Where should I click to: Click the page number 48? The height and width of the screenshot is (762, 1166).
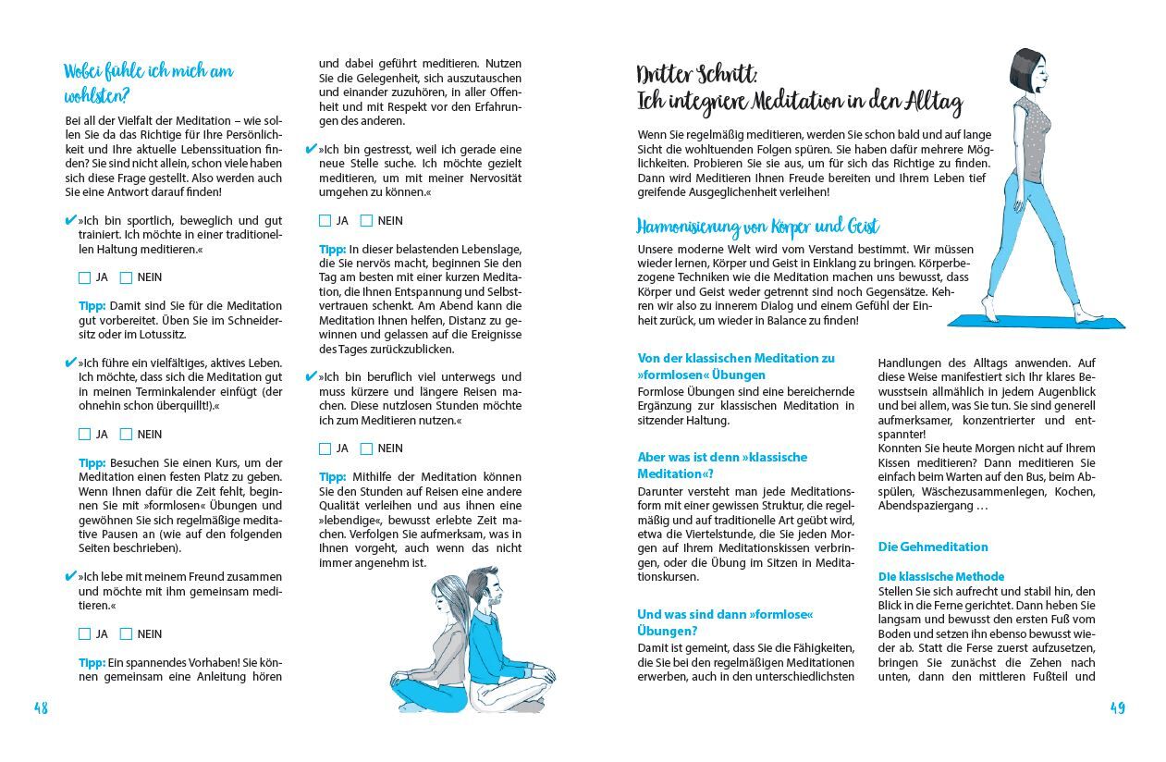[41, 708]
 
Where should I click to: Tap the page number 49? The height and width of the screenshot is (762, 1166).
[1117, 708]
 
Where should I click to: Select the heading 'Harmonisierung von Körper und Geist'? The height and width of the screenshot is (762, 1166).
[758, 227]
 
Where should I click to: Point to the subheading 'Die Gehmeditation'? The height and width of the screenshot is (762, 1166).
[933, 547]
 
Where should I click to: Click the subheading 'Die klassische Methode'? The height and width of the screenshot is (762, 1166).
[940, 576]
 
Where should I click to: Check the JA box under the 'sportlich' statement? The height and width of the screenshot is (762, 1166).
[85, 277]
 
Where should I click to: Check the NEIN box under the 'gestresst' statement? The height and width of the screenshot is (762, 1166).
[366, 221]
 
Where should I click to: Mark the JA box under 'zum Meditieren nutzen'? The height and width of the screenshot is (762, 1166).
[325, 449]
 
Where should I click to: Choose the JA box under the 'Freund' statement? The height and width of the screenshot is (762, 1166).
[85, 634]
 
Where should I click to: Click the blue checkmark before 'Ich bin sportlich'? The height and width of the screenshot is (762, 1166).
[70, 221]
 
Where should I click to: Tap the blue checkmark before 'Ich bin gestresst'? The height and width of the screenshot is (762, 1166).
[311, 149]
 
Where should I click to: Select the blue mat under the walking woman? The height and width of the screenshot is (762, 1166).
[1036, 321]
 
